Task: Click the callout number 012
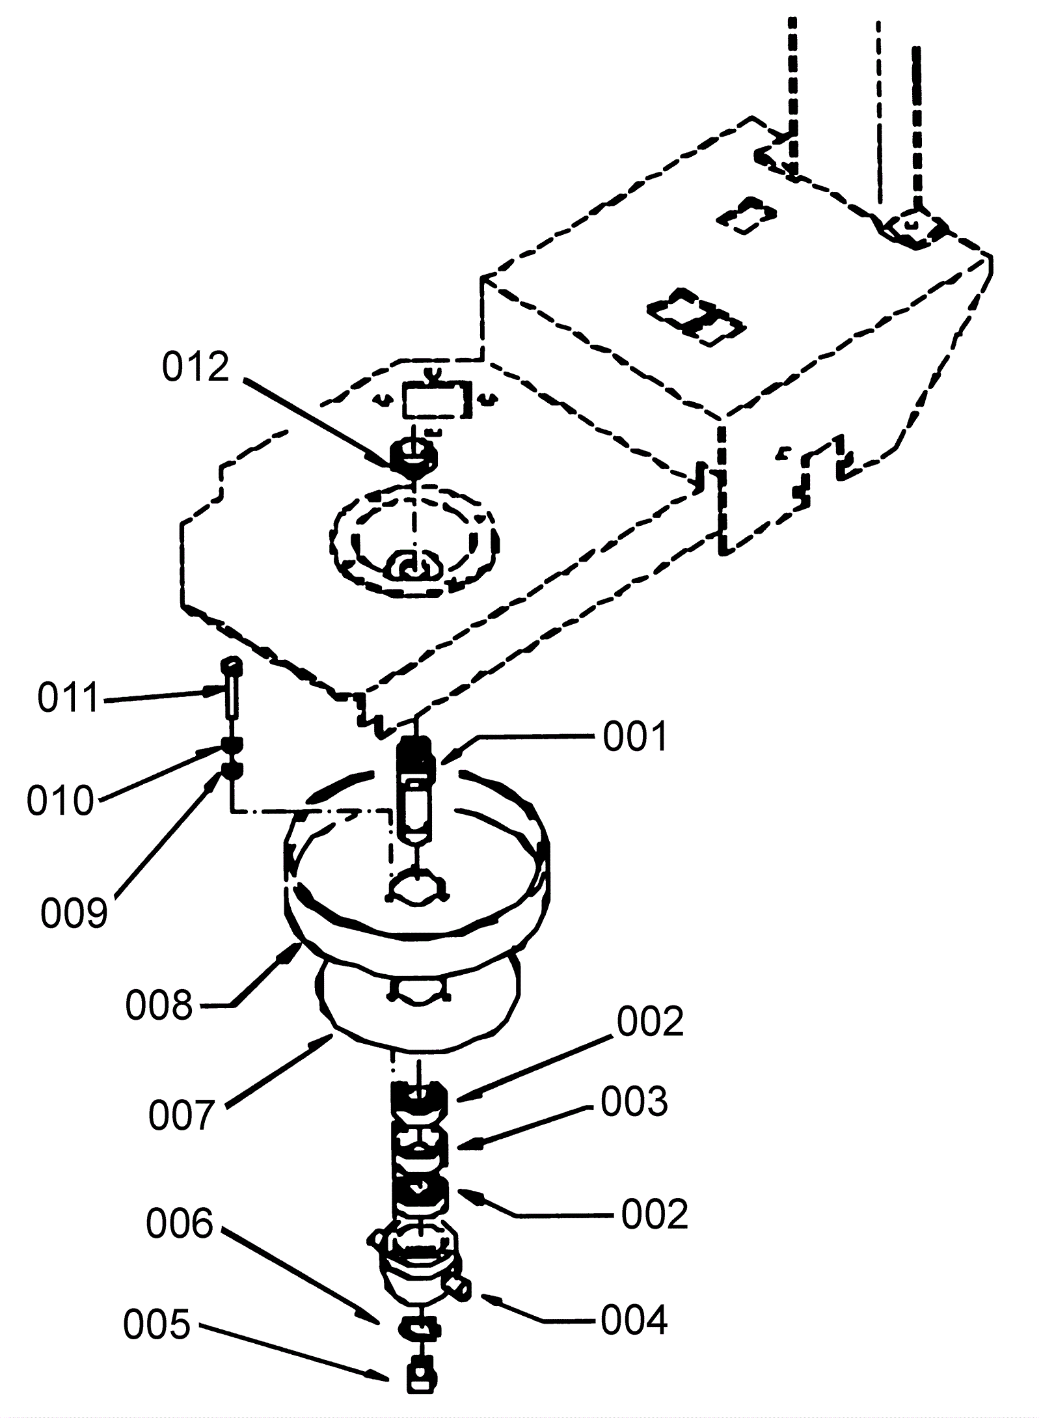pos(196,368)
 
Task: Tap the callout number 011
pos(68,698)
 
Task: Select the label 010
pos(61,800)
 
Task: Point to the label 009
pos(74,913)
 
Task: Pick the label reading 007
pos(182,1115)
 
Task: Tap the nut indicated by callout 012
pos(412,457)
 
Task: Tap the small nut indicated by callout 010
pos(232,745)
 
